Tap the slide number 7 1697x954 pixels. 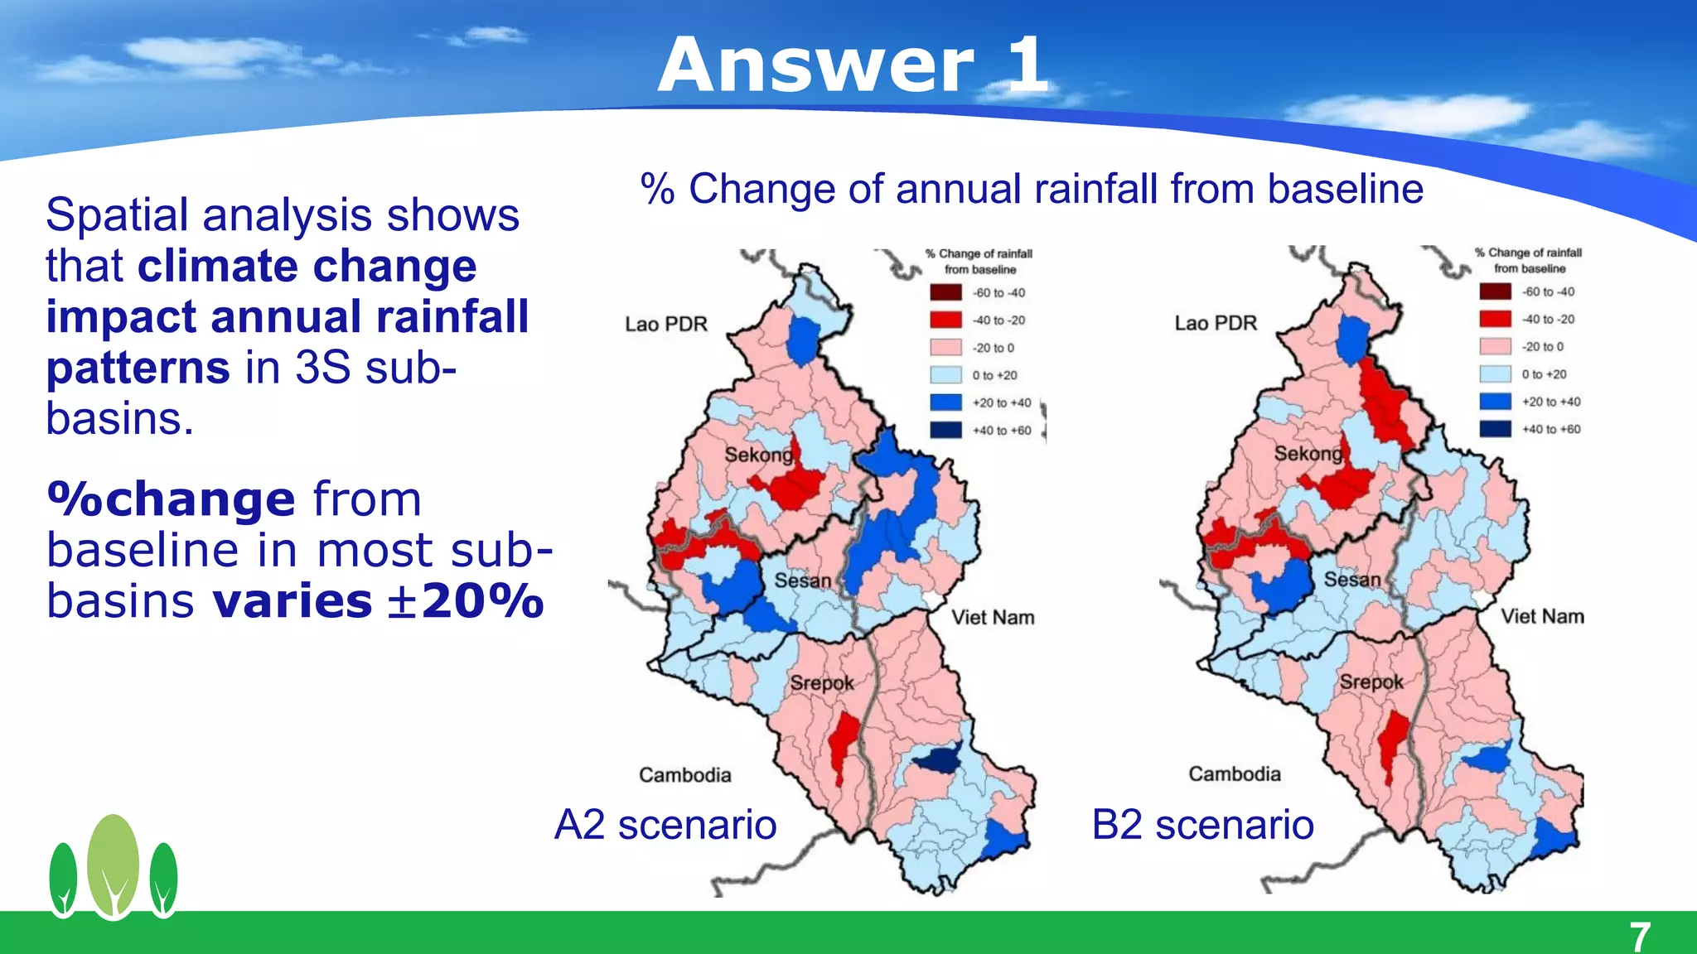click(1640, 937)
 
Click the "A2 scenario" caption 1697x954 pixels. click(665, 825)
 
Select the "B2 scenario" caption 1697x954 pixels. click(1202, 825)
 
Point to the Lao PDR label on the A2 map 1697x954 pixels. click(666, 324)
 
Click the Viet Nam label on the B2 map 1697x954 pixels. click(1542, 616)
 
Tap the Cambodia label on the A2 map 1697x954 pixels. click(684, 775)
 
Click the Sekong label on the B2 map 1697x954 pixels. click(1308, 454)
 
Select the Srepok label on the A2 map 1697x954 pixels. click(821, 683)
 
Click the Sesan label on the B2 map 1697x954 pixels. click(1351, 580)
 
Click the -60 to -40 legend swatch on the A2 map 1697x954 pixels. click(945, 292)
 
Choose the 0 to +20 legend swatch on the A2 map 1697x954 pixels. click(945, 375)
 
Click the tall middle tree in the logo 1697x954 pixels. click(114, 865)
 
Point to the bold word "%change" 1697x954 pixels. click(171, 499)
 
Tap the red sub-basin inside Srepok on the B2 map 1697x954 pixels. click(1393, 741)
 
